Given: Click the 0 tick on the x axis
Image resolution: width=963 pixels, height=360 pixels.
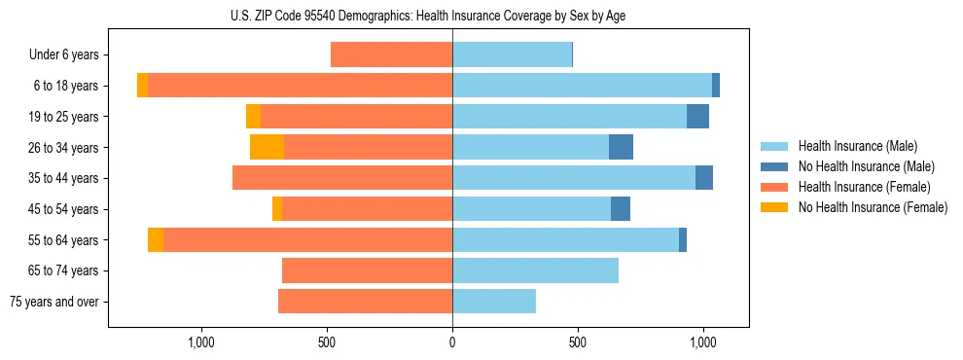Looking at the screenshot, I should pyautogui.click(x=452, y=342).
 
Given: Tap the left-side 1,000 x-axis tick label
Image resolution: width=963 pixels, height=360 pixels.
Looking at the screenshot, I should pyautogui.click(x=200, y=342).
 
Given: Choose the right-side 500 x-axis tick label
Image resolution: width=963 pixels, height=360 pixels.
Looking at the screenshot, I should pyautogui.click(x=577, y=342).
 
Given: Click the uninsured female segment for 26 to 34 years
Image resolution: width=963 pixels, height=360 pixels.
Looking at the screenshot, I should pyautogui.click(x=267, y=147).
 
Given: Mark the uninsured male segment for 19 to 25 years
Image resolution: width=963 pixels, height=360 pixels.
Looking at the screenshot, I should pyautogui.click(x=697, y=117).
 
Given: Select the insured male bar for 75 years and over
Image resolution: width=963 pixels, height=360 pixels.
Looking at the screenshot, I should pyautogui.click(x=494, y=302).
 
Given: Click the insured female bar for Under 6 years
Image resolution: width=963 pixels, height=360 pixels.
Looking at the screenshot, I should pyautogui.click(x=391, y=54).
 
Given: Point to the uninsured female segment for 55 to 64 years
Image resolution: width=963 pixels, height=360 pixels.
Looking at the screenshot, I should pyautogui.click(x=156, y=239).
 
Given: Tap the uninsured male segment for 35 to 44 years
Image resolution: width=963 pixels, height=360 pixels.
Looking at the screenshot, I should pyautogui.click(x=704, y=178).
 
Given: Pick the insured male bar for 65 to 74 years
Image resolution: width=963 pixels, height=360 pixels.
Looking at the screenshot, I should pyautogui.click(x=535, y=270).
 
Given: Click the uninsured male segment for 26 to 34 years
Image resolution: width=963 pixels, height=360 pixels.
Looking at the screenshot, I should pyautogui.click(x=621, y=147).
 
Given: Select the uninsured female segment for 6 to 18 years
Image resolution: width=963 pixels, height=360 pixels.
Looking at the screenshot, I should pyautogui.click(x=142, y=86).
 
